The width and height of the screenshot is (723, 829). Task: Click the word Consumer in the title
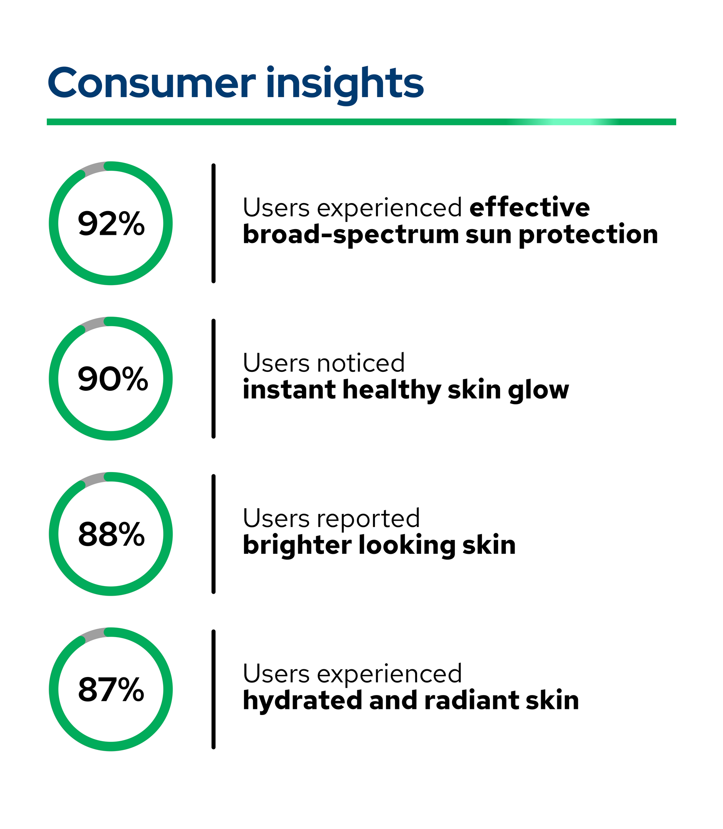coord(151,84)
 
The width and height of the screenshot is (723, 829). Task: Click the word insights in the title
coord(345,85)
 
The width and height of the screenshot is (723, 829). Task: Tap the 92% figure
coord(111,224)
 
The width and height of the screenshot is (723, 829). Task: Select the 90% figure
coord(112,379)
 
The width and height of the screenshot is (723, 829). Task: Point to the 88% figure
coord(111,535)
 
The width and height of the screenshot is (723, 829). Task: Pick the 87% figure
coord(111,690)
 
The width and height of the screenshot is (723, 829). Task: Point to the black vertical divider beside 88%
coord(213,534)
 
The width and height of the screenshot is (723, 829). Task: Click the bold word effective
coord(529,208)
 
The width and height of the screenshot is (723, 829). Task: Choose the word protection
coord(588,235)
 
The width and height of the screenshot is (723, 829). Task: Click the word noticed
coord(361,363)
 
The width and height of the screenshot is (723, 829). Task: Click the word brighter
coord(297,546)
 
